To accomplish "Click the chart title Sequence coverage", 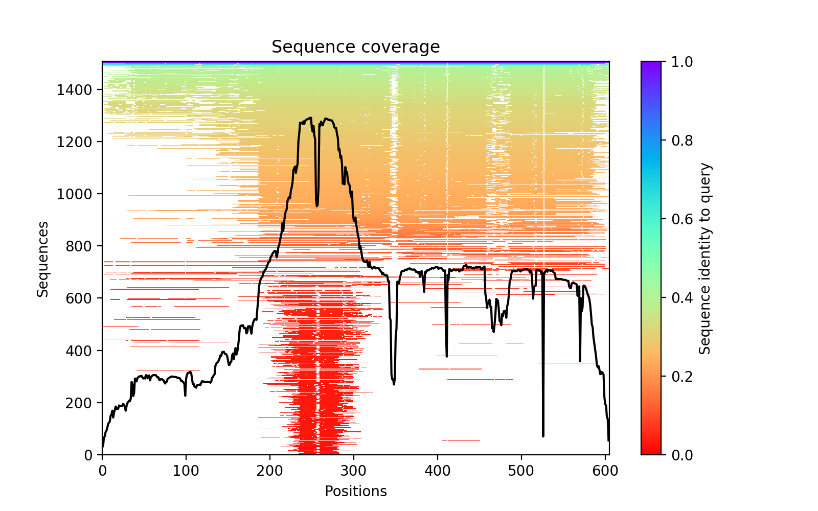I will click(355, 47).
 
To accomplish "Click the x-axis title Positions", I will click(355, 492).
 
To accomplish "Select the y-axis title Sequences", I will click(43, 259).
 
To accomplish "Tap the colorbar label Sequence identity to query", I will click(705, 259).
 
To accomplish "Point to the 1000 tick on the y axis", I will click(102, 194).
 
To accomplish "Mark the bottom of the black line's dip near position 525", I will click(543, 436).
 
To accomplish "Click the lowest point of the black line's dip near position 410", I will click(446, 356).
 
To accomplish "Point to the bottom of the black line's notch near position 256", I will click(317, 206).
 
